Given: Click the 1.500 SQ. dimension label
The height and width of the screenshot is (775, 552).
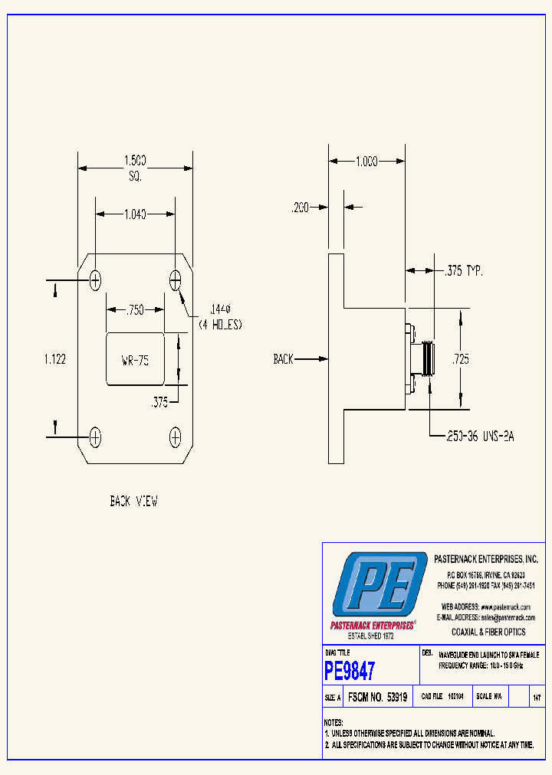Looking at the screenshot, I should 135,167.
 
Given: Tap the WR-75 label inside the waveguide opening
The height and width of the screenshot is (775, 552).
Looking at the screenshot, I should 135,361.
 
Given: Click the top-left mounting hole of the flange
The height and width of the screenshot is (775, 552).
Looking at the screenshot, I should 96,280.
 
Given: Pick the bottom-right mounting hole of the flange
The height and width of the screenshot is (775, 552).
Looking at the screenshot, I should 175,437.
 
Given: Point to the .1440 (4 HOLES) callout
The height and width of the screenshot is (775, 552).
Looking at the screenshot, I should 220,317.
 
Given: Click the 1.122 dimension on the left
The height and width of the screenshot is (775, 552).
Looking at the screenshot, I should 54,358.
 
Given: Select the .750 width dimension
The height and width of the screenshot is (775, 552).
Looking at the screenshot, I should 135,309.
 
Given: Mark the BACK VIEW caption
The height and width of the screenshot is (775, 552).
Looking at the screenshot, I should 133,502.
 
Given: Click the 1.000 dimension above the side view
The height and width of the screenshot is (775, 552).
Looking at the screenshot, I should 366,162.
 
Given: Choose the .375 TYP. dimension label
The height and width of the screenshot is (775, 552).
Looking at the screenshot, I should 464,270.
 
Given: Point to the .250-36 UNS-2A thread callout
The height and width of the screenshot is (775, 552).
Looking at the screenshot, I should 480,436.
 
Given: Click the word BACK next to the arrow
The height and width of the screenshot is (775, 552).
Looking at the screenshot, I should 284,358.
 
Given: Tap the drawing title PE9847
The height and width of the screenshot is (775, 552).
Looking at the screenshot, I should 350,672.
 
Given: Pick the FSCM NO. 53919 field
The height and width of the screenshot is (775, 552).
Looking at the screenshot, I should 377,698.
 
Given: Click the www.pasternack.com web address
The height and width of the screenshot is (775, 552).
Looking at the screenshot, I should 506,607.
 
